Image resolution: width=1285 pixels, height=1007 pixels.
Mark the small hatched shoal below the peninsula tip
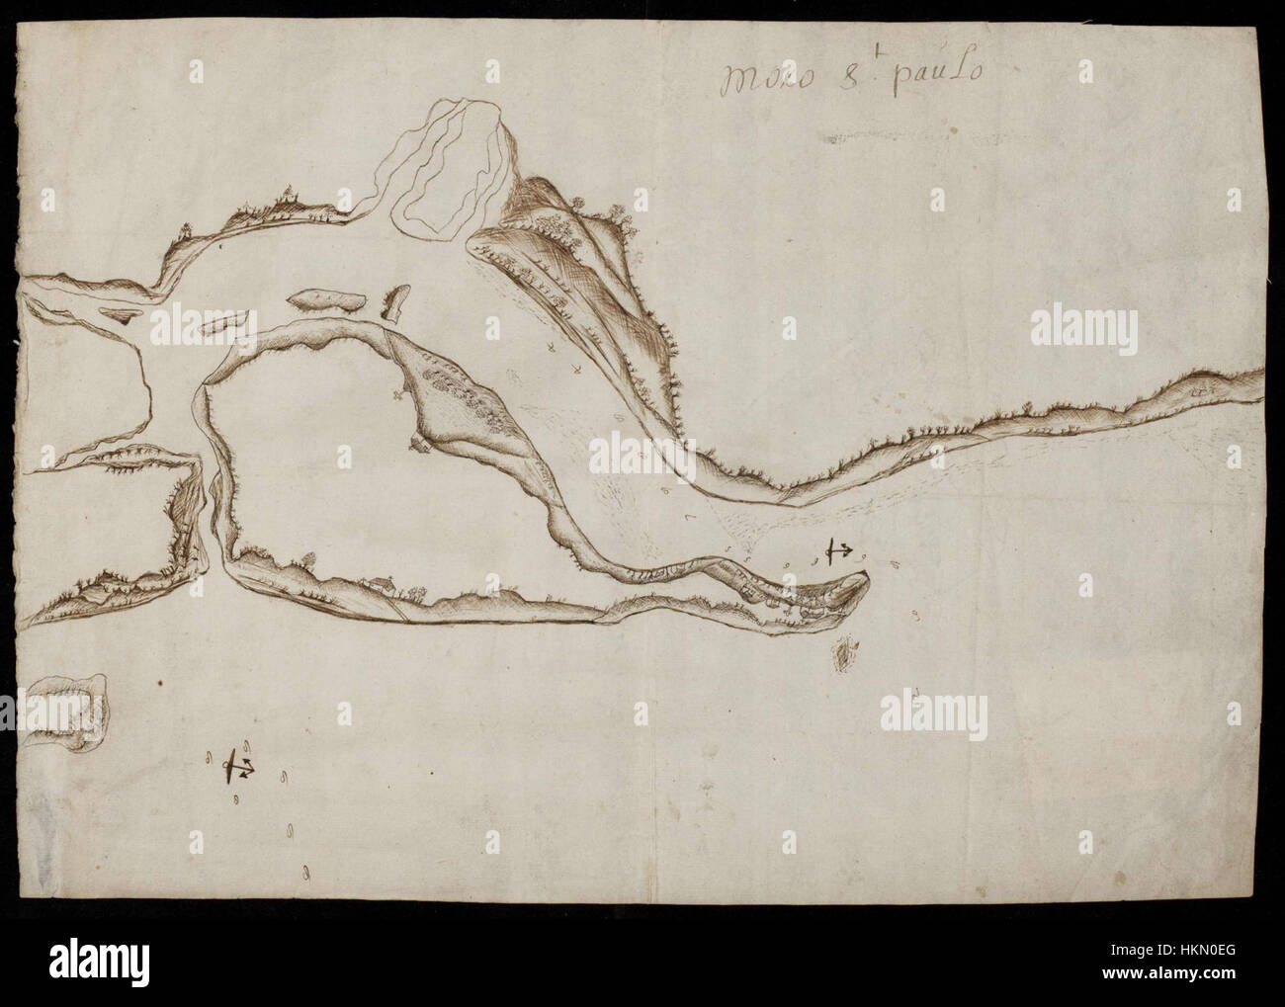[846, 653]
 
